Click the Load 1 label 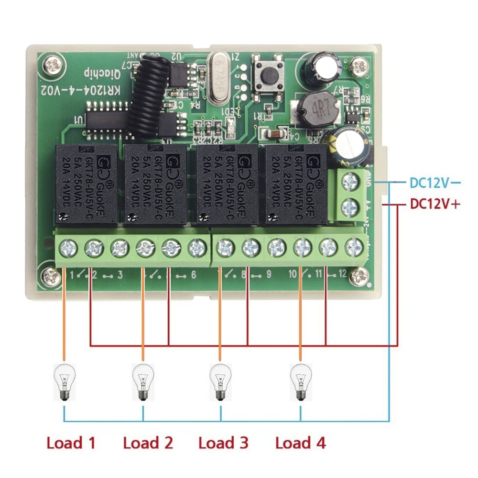click(x=71, y=443)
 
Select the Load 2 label click(x=148, y=443)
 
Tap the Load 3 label click(x=223, y=443)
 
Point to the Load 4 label click(x=300, y=443)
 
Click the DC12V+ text click(x=435, y=204)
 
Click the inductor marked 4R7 click(x=315, y=108)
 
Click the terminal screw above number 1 click(x=66, y=248)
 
